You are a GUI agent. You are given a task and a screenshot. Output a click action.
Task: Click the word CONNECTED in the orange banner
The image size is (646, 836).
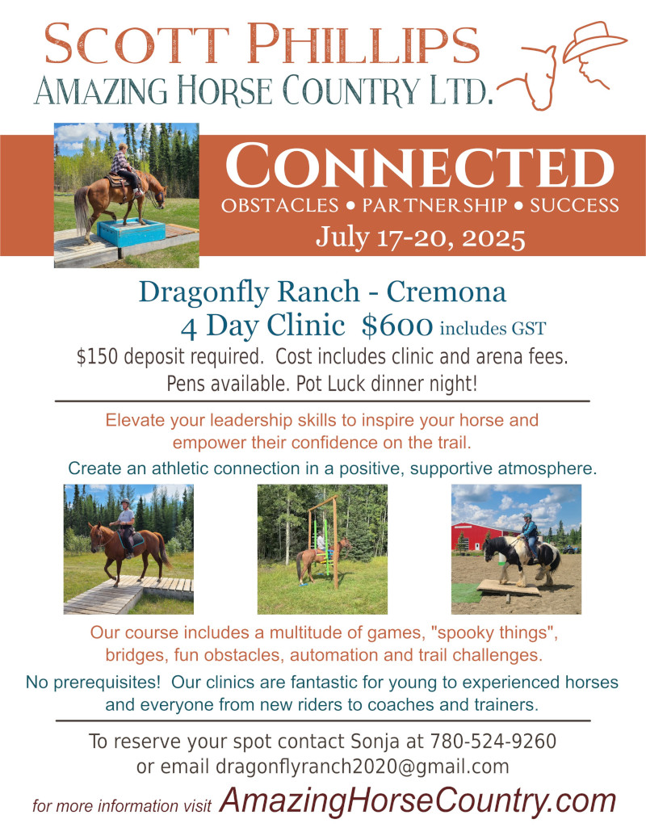(x=419, y=166)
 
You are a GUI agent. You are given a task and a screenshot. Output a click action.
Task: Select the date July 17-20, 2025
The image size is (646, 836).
(x=421, y=237)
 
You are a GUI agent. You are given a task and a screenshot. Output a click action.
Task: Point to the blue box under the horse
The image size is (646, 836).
(x=131, y=233)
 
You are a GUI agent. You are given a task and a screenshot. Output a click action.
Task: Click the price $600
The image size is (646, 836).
(x=396, y=326)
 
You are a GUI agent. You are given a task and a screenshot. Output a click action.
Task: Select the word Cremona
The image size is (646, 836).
(x=446, y=292)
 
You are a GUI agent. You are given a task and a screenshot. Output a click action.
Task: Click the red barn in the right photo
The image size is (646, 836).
(x=477, y=536)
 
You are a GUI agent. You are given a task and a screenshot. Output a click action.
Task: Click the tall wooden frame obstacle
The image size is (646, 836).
(x=323, y=541)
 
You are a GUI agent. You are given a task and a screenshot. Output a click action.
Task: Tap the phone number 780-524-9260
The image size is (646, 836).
(x=493, y=741)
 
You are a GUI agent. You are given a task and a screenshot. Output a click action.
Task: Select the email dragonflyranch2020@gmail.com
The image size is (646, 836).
(x=363, y=767)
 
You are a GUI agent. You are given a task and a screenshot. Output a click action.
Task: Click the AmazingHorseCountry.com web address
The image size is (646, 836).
(x=417, y=800)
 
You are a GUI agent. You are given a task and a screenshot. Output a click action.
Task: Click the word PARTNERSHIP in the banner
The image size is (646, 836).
(x=435, y=206)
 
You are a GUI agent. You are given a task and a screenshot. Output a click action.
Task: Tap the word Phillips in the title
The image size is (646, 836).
(x=363, y=44)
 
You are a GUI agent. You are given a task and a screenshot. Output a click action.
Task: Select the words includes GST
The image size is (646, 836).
(x=493, y=328)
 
